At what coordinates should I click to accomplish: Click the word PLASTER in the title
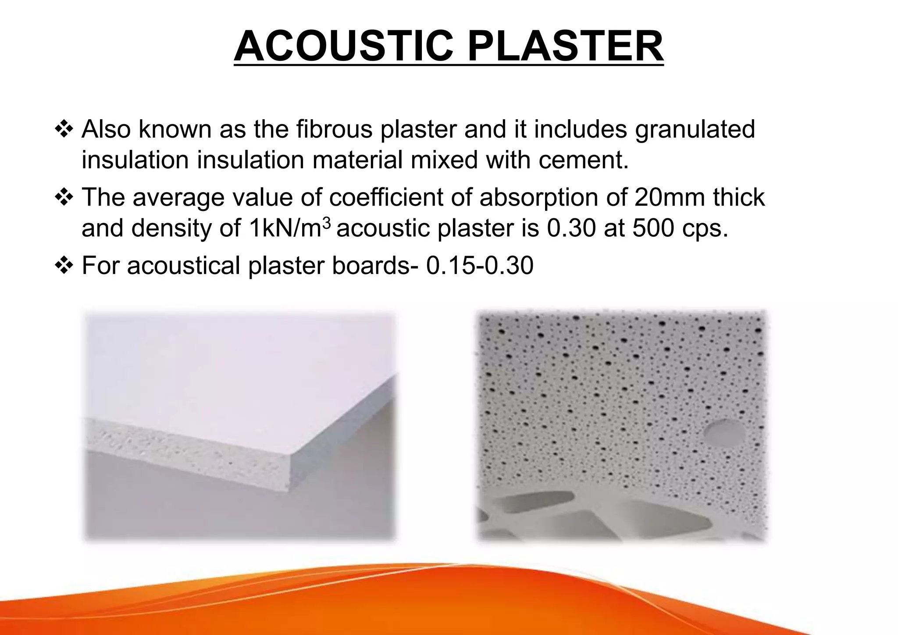(565, 47)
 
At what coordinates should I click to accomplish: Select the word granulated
(695, 130)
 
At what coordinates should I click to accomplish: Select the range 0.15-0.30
(480, 265)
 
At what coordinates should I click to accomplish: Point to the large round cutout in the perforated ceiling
(724, 430)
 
